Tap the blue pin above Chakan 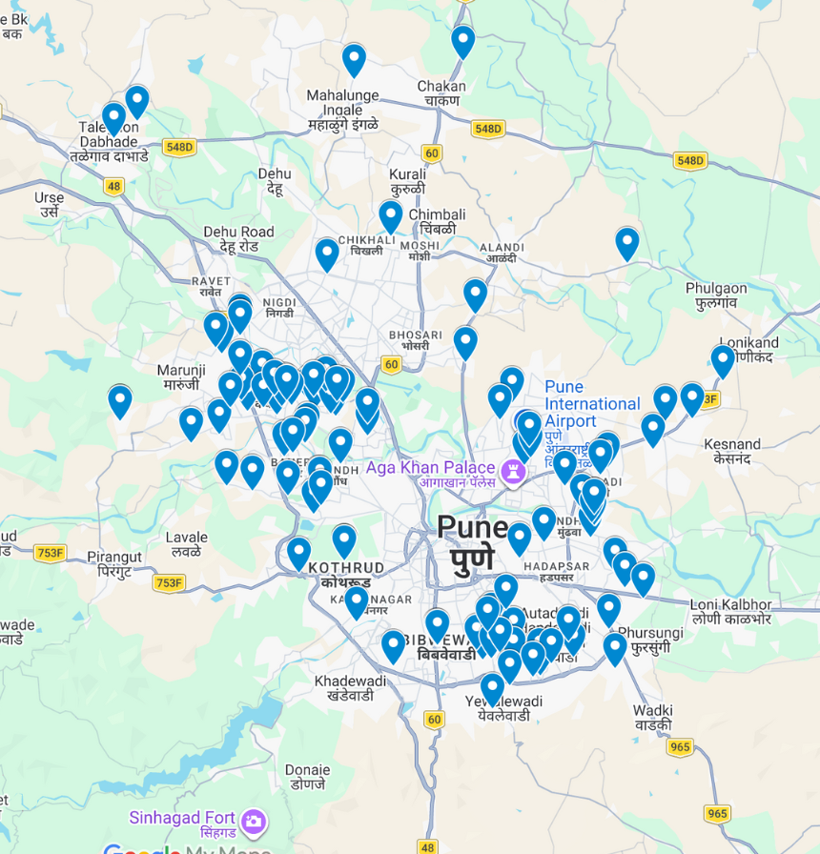click(463, 42)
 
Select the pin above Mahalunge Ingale click(354, 60)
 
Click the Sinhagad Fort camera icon click(254, 821)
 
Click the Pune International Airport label click(591, 403)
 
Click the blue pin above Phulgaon click(626, 243)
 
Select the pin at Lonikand click(723, 361)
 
